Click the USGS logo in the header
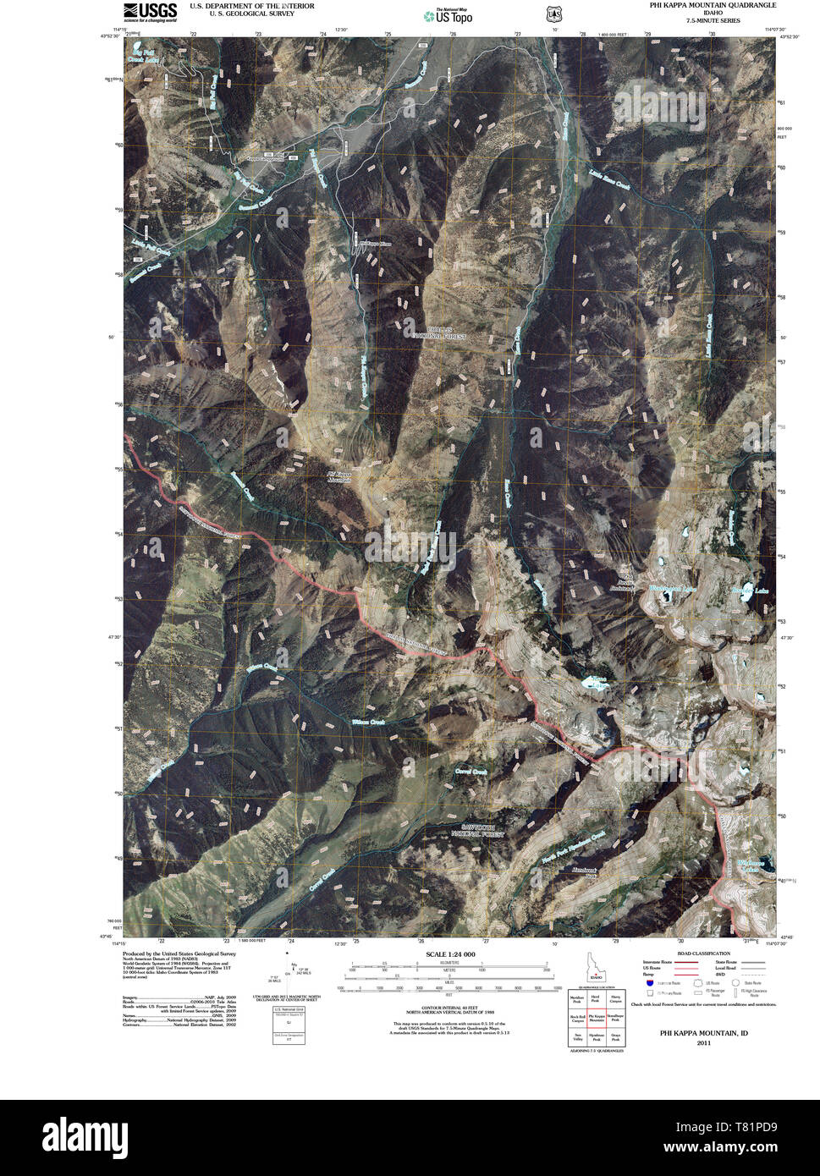(x=150, y=11)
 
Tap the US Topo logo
(x=449, y=14)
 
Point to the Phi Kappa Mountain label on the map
(x=339, y=477)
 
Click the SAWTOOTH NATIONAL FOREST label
(x=482, y=830)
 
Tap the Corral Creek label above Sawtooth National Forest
(x=472, y=772)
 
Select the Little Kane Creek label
(x=610, y=179)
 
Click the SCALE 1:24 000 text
(x=446, y=955)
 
